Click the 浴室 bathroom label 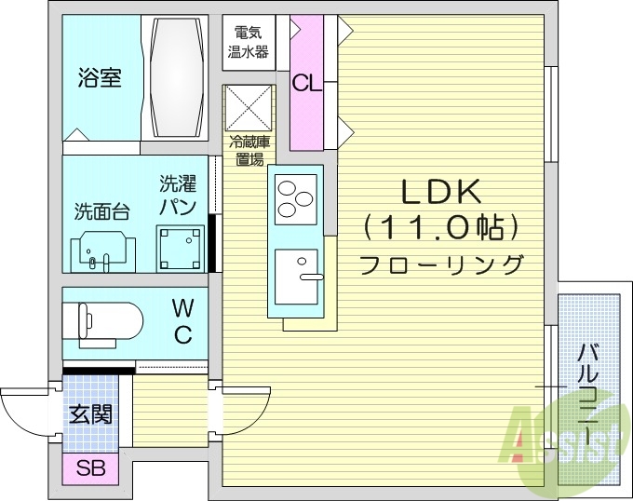100,77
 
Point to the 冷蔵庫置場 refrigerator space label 249,150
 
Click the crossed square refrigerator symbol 249,109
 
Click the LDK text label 440,192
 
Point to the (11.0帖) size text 440,226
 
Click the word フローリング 440,264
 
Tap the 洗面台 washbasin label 101,210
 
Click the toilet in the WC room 103,322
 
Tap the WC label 183,320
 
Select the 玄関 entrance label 91,413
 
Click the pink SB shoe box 91,467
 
